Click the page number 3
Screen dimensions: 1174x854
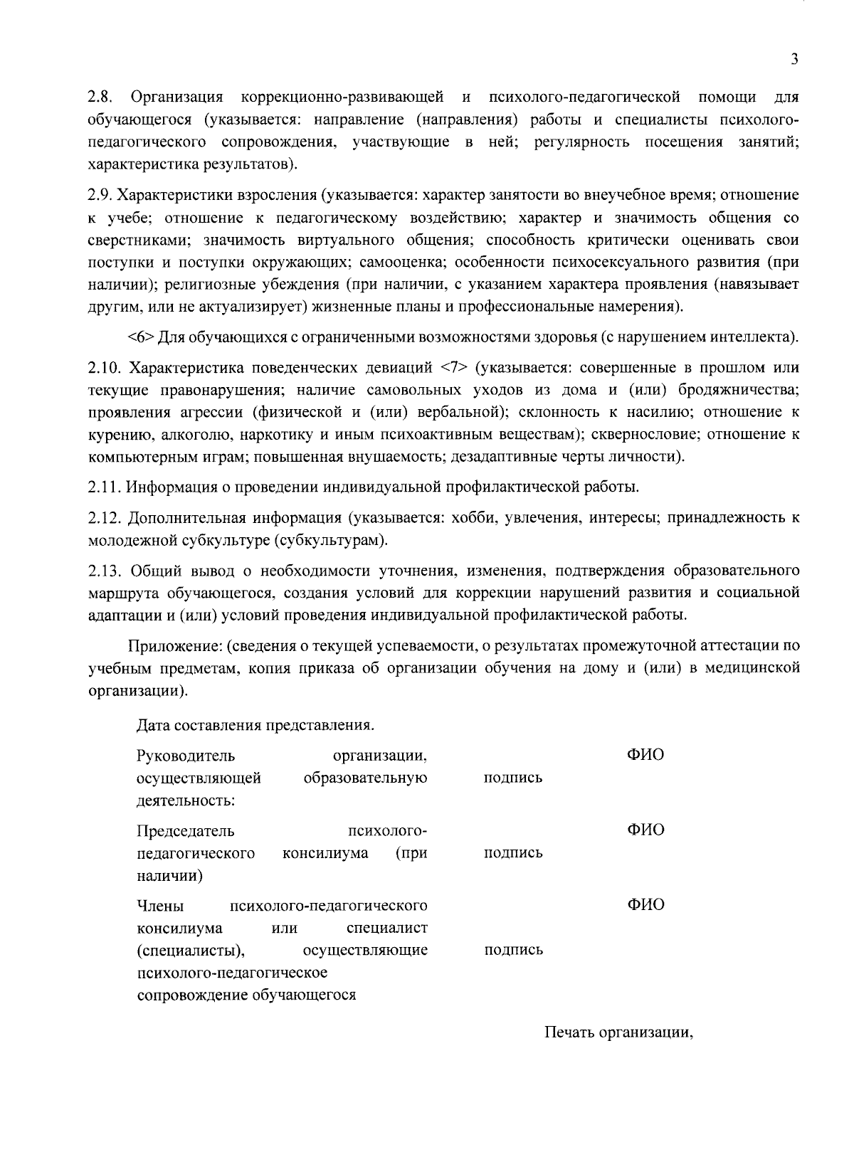(x=794, y=60)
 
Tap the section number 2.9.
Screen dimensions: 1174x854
(x=100, y=195)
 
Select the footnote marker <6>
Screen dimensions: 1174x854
(x=140, y=337)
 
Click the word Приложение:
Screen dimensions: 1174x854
(x=175, y=646)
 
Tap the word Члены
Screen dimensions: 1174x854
(x=160, y=906)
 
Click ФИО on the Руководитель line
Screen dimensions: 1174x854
(x=645, y=755)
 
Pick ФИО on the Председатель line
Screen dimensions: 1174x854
(x=645, y=830)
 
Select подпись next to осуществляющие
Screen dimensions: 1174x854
(x=513, y=950)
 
